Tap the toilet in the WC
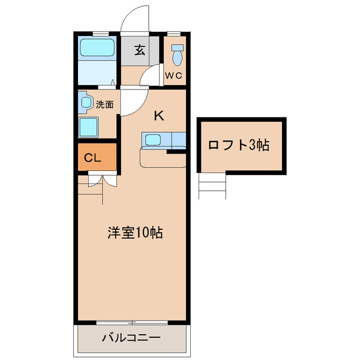tap(176, 55)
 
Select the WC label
tap(174, 75)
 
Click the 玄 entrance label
tap(139, 50)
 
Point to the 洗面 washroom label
tap(104, 104)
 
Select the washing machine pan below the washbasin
tap(89, 127)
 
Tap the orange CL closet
tap(96, 158)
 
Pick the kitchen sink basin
tap(152, 140)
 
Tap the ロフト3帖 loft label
tap(238, 145)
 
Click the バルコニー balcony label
tap(131, 338)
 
